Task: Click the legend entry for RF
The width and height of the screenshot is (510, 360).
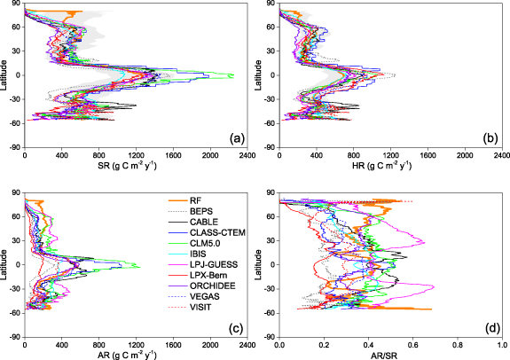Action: (x=196, y=200)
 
